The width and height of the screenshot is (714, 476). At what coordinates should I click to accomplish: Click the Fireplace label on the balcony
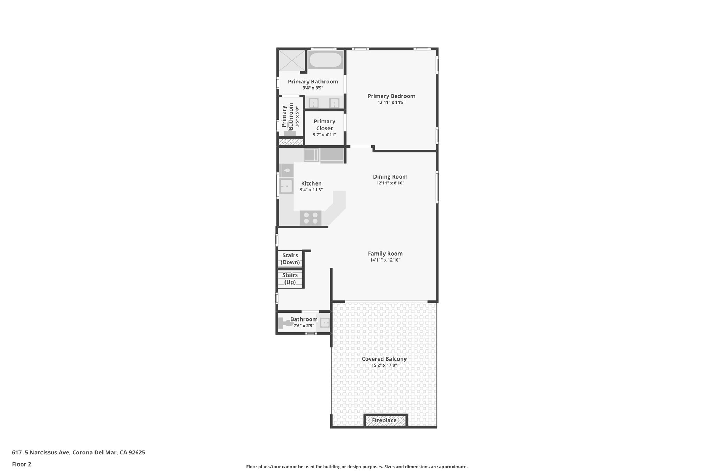coord(384,420)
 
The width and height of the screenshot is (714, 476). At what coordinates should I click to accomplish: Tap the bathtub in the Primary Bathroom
coord(326,60)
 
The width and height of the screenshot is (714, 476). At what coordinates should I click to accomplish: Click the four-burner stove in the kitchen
coord(311,218)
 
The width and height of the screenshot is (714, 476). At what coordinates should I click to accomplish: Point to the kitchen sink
coord(286,186)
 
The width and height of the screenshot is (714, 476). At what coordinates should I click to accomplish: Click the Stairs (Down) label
coord(290,259)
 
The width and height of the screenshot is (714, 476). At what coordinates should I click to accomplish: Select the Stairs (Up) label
coord(290,279)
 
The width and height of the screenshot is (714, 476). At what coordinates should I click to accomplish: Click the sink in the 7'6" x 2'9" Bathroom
coord(325,323)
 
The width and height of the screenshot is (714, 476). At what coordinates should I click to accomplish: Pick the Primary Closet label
coord(324,125)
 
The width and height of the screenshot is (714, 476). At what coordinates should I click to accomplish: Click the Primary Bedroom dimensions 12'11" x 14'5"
coord(391,103)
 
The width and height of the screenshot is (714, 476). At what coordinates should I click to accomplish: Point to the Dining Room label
coord(390,177)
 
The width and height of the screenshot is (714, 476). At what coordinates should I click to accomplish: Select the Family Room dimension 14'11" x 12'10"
coord(385,260)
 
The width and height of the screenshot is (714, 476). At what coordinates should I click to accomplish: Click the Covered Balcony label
coord(384,359)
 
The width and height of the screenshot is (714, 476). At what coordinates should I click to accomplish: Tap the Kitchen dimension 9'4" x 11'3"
coord(311,190)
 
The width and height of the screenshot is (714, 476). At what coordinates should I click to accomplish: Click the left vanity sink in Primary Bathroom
coord(313,103)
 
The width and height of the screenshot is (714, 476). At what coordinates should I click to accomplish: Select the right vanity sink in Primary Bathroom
coord(334,103)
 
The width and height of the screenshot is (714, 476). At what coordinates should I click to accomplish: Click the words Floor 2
coord(22,464)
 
